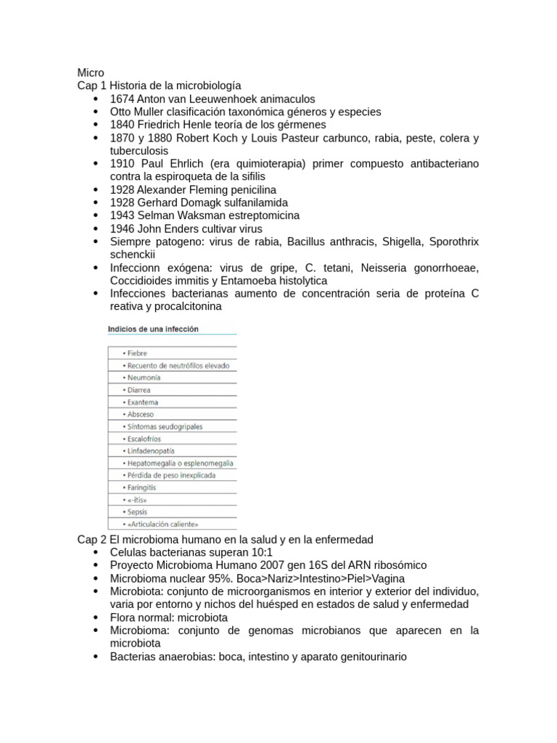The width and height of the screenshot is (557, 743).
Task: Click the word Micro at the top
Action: pyautogui.click(x=91, y=73)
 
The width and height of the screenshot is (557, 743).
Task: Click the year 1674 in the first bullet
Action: pyautogui.click(x=122, y=99)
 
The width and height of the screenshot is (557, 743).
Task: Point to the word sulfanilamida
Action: pyautogui.click(x=254, y=202)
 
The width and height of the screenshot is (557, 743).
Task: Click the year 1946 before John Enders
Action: pyautogui.click(x=122, y=229)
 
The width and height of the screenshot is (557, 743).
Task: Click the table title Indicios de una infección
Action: pyautogui.click(x=153, y=329)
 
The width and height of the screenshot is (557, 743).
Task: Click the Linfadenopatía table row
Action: pyautogui.click(x=147, y=451)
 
